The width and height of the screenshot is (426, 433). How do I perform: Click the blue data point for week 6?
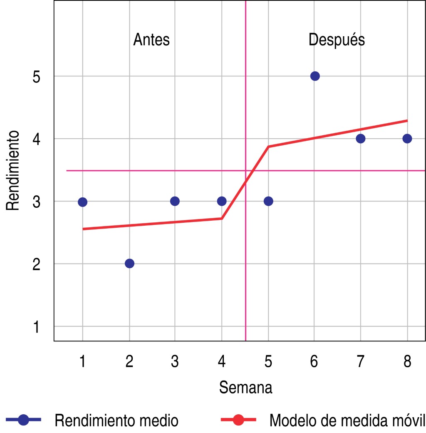315,76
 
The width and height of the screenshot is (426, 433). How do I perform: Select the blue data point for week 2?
129,263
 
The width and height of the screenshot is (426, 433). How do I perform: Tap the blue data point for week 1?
82,202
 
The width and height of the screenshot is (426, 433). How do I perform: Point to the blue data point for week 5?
268,201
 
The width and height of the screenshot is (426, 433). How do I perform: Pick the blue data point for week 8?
407,138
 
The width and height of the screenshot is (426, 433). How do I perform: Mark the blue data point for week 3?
175,201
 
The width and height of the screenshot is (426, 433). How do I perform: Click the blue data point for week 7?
361,138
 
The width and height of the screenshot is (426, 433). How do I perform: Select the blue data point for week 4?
222,201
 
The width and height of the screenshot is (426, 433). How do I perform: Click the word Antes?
151,40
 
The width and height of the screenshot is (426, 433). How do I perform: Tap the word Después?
337,40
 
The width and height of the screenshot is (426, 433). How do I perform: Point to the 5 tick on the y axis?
36,77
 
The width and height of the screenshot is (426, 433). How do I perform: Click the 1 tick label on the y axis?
36,327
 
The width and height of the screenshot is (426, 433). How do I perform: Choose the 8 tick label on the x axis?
407,361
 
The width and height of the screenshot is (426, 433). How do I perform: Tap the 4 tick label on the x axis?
222,361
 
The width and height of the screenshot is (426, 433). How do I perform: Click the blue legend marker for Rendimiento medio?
24,420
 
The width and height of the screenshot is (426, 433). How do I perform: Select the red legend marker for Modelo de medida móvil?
238,420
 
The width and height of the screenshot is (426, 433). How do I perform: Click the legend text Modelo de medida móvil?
347,420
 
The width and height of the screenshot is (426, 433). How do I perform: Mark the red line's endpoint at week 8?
407,120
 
